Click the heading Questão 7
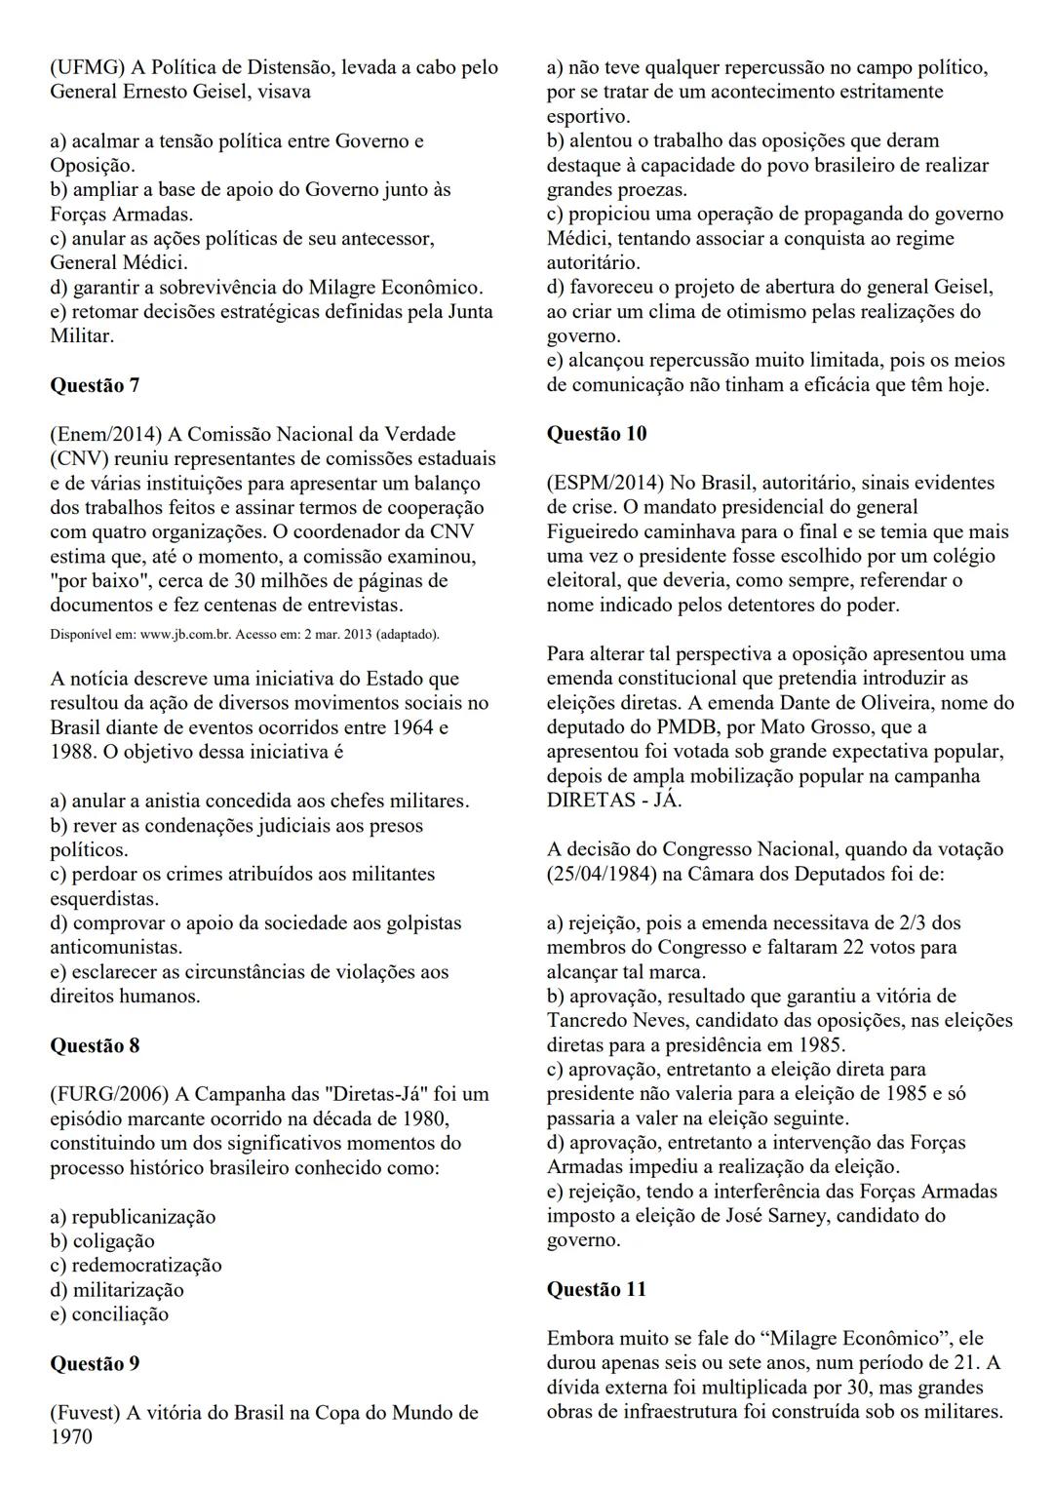pos(95,385)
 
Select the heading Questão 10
pos(596,434)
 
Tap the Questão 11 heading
pos(596,1289)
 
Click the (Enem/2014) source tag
pos(106,434)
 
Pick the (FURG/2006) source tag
pos(108,1094)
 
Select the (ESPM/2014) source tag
pos(604,483)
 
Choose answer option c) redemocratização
pos(136,1266)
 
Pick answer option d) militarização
pos(116,1290)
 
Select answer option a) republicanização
pos(133,1217)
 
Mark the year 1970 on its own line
pos(71,1437)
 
